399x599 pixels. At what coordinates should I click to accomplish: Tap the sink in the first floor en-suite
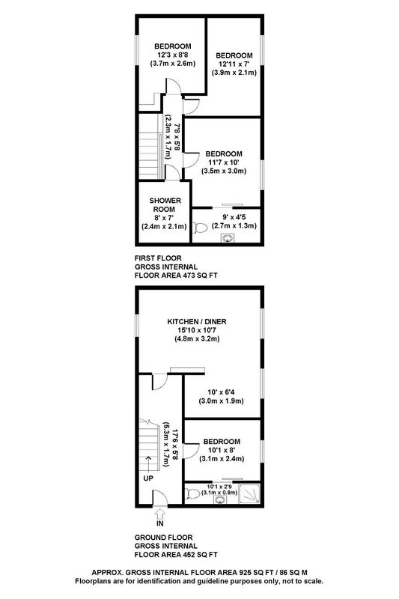227,238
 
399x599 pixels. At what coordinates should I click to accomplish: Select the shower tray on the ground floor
249,494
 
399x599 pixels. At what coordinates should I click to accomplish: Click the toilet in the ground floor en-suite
192,494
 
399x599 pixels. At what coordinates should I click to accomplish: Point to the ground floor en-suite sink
219,500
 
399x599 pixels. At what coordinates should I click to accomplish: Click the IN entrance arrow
159,511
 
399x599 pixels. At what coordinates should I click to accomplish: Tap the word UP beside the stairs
148,478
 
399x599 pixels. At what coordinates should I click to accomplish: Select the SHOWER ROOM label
165,204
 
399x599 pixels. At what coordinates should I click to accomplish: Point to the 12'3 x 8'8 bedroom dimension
173,55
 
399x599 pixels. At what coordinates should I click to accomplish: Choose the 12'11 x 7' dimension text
234,64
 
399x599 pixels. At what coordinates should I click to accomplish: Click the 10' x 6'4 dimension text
221,392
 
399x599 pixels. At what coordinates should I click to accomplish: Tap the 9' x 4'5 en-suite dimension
234,217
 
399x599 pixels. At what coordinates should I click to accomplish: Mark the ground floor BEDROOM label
222,442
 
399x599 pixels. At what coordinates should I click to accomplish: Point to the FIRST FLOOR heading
158,258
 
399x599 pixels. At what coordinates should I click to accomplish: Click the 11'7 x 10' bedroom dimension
224,162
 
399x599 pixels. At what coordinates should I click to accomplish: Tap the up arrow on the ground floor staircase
148,462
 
